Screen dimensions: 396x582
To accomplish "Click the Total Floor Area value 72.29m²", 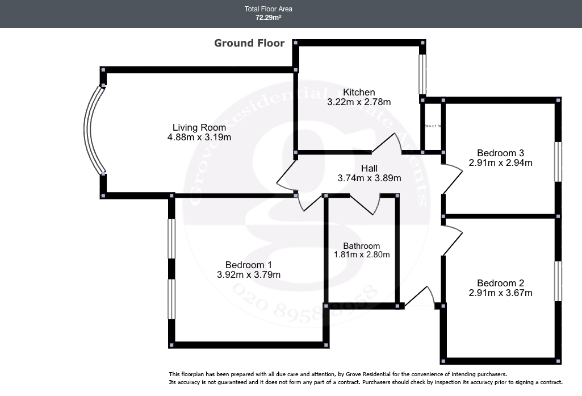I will pyautogui.click(x=269, y=18).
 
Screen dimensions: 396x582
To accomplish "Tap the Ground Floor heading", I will pyautogui.click(x=249, y=43).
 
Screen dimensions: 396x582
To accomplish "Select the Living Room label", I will pyautogui.click(x=199, y=128).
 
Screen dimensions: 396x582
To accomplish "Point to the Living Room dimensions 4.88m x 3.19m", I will pyautogui.click(x=199, y=137).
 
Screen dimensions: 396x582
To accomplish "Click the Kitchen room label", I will pyautogui.click(x=359, y=93).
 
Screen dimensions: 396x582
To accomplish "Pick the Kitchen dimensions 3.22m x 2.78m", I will pyautogui.click(x=359, y=102).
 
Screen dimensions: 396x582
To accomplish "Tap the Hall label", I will pyautogui.click(x=369, y=169).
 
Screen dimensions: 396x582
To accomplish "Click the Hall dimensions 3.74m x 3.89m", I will pyautogui.click(x=369, y=178).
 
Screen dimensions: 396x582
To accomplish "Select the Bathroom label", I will pyautogui.click(x=361, y=246).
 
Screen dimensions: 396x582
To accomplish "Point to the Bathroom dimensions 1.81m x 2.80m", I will pyautogui.click(x=361, y=255).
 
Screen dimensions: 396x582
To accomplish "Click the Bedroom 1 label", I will pyautogui.click(x=249, y=265).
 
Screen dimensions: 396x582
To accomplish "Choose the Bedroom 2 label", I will pyautogui.click(x=500, y=284).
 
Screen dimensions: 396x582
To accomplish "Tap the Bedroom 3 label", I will pyautogui.click(x=500, y=153).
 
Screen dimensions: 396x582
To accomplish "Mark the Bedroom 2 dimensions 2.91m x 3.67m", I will pyautogui.click(x=500, y=293).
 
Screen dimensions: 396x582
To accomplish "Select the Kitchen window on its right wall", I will pyautogui.click(x=422, y=73).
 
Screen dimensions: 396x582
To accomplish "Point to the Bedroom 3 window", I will pyautogui.click(x=558, y=161).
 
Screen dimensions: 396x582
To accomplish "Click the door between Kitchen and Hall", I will pyautogui.click(x=387, y=144).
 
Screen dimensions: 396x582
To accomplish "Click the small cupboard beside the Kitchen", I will pyautogui.click(x=432, y=126).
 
